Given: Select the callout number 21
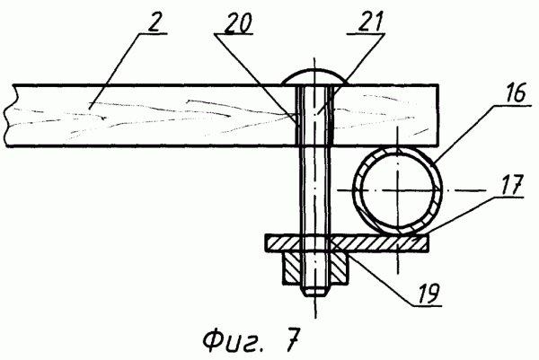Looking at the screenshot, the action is tap(369, 22).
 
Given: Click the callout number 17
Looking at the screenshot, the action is tap(512, 184).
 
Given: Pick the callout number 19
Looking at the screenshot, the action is tap(428, 293).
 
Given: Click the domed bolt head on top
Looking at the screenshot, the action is tap(314, 77).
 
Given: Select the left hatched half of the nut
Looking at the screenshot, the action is tap(292, 268).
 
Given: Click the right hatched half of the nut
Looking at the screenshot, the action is tap(339, 268).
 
